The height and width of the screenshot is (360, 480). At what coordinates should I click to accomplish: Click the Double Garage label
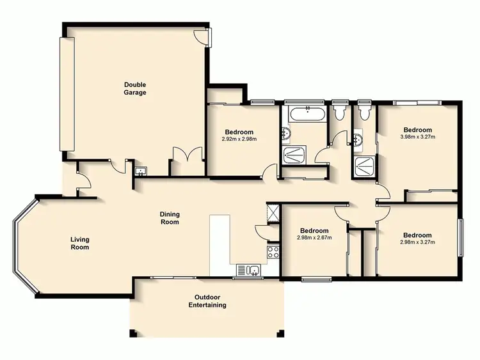pos(135,88)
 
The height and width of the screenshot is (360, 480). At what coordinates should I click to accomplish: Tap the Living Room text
pos(80,243)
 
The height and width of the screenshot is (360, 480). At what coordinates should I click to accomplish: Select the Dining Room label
pos(170,218)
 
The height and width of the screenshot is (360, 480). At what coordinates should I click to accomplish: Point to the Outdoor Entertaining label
pos(207,301)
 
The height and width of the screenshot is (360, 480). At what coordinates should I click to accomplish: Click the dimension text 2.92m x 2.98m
pos(239,139)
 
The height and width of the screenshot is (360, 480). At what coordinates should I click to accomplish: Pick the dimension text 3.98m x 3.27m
pos(417,136)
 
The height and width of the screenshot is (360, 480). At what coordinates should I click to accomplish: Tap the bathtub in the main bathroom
pos(307,114)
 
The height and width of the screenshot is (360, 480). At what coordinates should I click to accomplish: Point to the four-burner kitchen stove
pos(273,251)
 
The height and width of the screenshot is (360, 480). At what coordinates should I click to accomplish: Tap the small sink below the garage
pos(141,171)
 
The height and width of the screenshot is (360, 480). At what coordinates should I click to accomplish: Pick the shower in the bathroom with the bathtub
pos(294,154)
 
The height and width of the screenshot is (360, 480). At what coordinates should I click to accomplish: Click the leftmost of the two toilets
pos(339,113)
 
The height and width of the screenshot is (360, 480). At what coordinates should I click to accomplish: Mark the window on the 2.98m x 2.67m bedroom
pos(316,278)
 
